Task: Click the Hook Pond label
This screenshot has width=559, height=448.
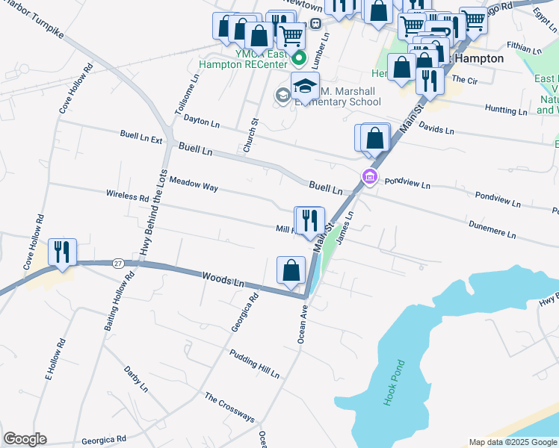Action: click(394, 383)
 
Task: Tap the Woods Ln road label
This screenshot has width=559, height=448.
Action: click(223, 281)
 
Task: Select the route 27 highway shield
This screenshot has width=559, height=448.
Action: click(118, 263)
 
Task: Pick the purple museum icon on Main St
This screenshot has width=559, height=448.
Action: click(368, 177)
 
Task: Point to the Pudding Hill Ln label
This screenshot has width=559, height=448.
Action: click(254, 364)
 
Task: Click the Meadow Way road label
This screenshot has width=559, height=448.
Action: click(194, 184)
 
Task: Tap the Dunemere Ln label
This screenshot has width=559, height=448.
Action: click(492, 228)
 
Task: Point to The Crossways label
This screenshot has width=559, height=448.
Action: click(229, 408)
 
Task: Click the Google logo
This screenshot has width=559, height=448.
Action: click(25, 439)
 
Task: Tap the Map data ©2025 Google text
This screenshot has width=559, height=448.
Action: click(513, 442)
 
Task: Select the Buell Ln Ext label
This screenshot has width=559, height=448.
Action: click(140, 137)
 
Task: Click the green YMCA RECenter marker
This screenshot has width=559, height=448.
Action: click(299, 57)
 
